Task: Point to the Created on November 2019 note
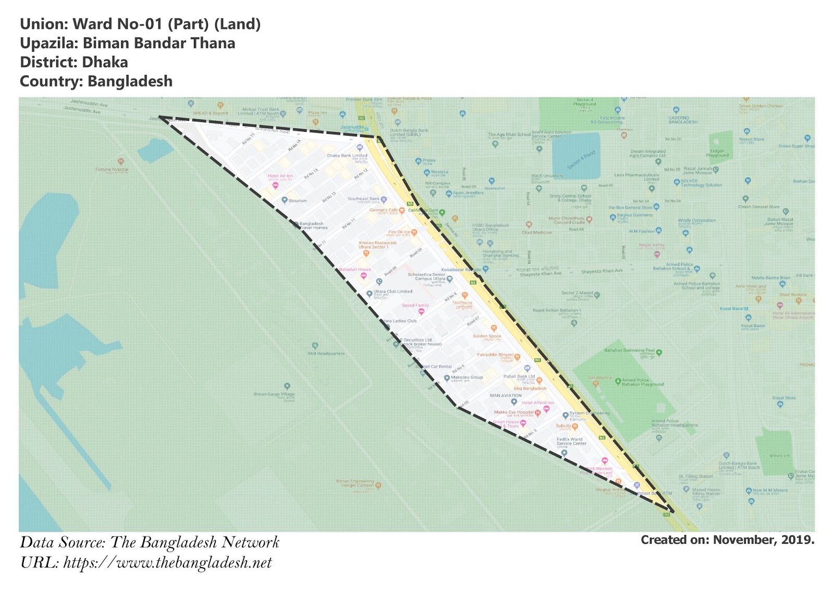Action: [x=727, y=540]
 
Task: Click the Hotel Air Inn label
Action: [x=280, y=176]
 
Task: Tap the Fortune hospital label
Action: [x=112, y=169]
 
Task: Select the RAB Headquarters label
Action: [x=326, y=354]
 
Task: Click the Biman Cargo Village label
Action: [x=274, y=394]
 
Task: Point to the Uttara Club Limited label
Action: [x=393, y=292]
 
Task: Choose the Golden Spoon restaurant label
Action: [x=487, y=336]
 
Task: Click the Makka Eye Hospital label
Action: [x=513, y=412]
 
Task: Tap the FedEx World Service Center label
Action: [x=571, y=441]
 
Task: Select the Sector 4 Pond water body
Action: [x=575, y=156]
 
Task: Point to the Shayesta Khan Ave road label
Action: [x=602, y=271]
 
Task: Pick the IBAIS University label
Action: [x=547, y=176]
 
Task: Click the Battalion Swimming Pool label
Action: [x=629, y=350]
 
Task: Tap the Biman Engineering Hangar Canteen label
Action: [x=355, y=483]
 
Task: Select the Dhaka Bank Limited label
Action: [x=347, y=155]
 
